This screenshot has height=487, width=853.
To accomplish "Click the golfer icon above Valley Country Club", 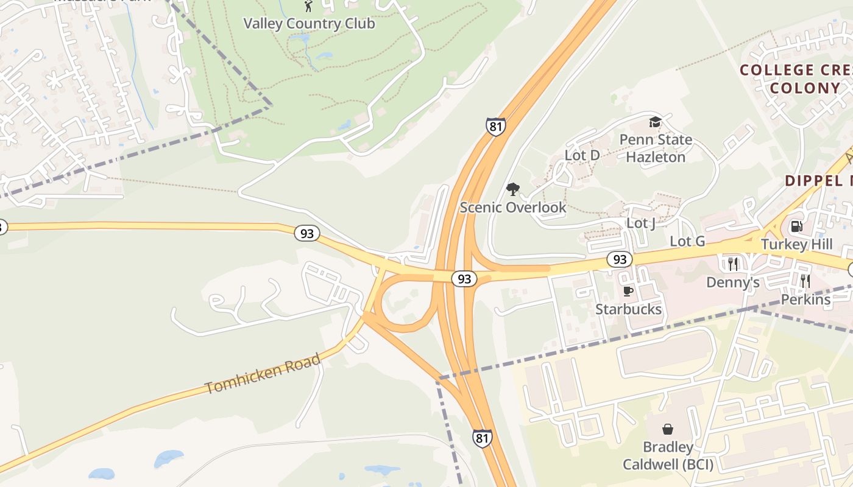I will coord(308,7).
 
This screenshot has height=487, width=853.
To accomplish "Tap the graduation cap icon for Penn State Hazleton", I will coord(655,122).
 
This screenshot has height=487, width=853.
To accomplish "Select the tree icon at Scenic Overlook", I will coord(513,189).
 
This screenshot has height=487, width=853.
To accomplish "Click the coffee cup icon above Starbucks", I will coord(628,292).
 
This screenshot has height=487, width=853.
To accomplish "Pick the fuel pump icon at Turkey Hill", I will coord(796,227).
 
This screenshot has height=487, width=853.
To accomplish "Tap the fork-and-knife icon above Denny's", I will coord(733,264).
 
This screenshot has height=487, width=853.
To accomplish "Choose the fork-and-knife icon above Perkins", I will coord(805,281).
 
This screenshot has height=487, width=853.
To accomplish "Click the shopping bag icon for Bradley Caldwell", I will coord(668,429).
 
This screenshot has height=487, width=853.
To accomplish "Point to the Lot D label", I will coord(582,155).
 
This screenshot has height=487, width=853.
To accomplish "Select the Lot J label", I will coord(641,223).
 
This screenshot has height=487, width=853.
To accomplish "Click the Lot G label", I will coord(687,242).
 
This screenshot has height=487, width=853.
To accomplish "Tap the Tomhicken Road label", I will coord(263,374).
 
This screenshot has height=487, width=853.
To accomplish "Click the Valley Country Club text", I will coord(309,24).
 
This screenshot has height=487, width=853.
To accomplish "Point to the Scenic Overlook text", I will coord(513,208).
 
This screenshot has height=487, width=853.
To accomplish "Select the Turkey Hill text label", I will coord(796,245).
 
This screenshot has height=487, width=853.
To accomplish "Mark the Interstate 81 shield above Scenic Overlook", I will coord(495,127).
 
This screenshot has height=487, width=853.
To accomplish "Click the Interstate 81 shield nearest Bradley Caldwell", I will coord(482,438).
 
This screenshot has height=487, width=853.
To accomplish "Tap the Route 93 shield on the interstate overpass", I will coord(464,279).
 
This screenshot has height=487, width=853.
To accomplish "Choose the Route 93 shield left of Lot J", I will coord(619,260).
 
